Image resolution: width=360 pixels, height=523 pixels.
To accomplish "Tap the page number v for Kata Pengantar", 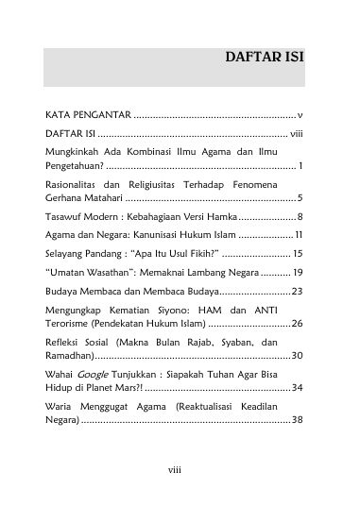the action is point(299,115).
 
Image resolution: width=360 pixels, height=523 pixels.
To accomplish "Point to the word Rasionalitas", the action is point(75,185).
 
